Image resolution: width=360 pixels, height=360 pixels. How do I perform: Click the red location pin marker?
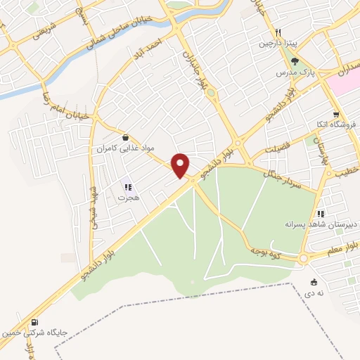[x=181, y=165]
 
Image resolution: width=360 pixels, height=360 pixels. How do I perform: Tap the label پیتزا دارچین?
[x=278, y=44]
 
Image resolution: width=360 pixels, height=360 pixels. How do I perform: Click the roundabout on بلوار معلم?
[x=303, y=259]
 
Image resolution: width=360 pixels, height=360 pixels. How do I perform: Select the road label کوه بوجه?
[x=266, y=251]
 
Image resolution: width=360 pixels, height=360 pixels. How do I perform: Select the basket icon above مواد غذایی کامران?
[x=125, y=137]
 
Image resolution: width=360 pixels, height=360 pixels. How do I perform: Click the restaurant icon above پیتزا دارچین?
[x=278, y=32]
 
